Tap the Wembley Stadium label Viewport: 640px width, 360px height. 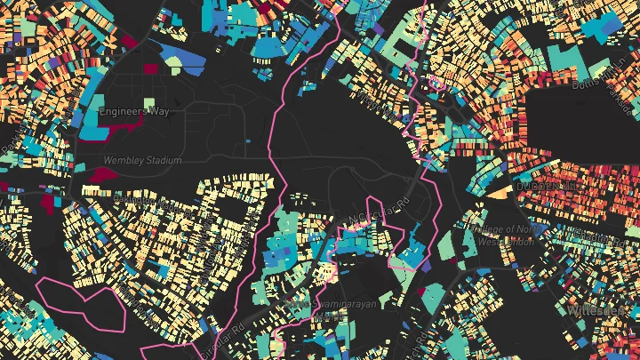click(x=142, y=161)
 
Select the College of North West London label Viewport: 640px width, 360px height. click(x=500, y=235)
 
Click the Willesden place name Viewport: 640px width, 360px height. click(x=601, y=312)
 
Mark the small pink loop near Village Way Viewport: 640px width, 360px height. click(x=435, y=85)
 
